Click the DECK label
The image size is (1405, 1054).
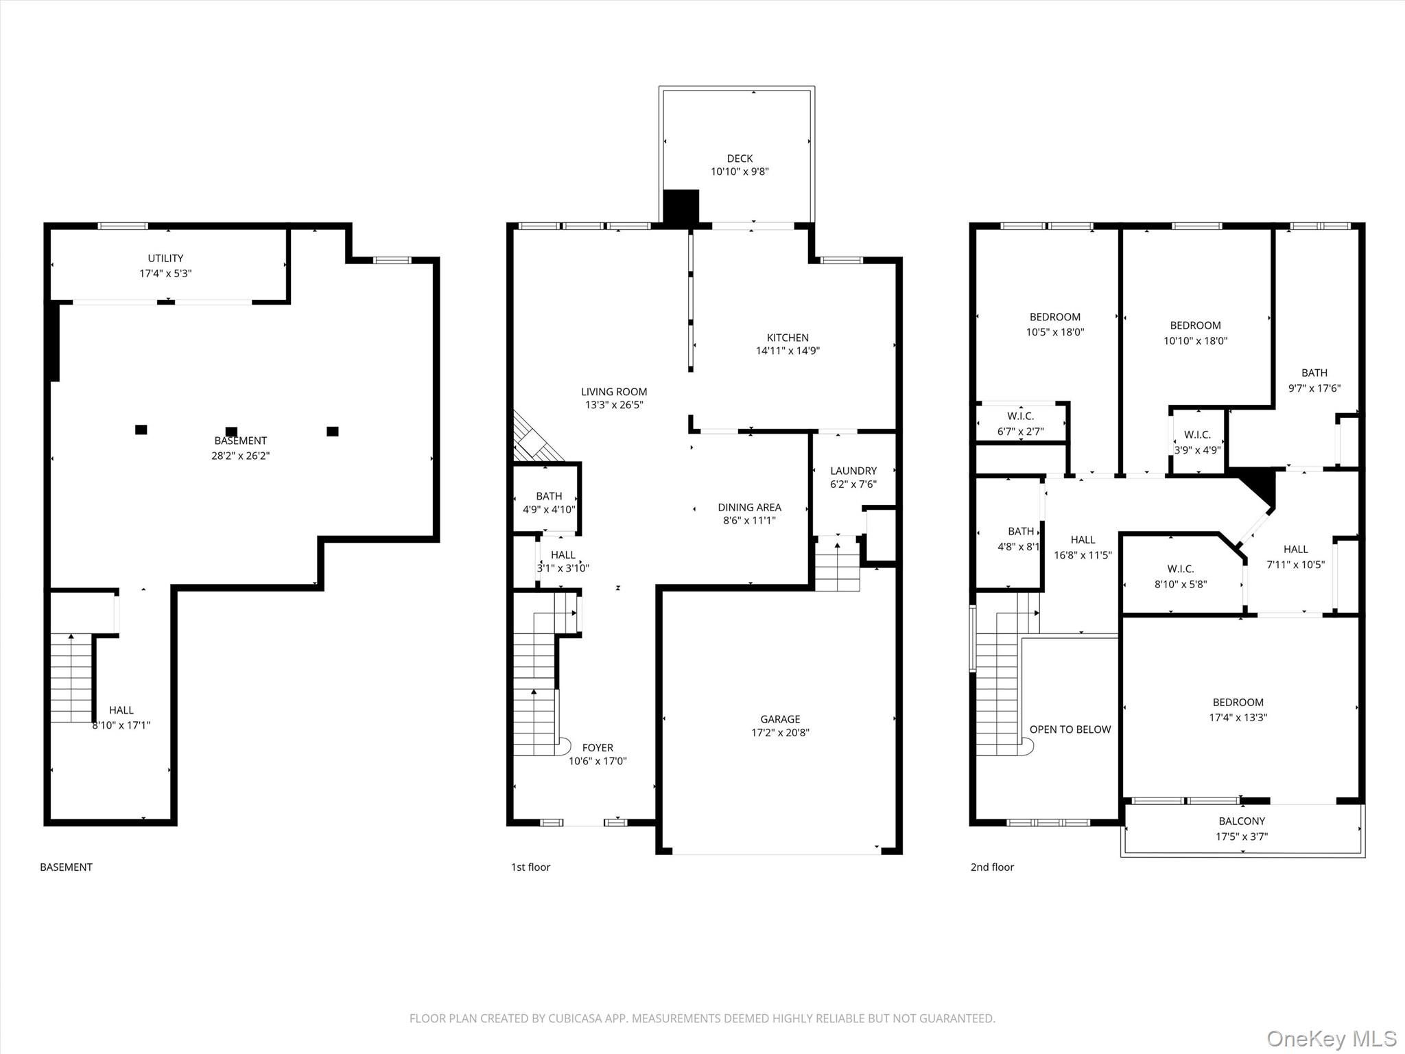740,159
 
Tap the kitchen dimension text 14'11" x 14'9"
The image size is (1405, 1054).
788,351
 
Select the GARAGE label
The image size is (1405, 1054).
780,719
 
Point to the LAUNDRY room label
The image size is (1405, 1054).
853,471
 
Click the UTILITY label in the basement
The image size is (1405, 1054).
165,258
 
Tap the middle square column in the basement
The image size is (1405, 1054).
231,432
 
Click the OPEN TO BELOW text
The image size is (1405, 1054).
1070,729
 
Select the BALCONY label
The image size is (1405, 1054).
1242,821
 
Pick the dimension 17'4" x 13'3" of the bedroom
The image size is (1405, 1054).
1238,718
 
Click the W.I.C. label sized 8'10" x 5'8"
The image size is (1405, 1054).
1180,569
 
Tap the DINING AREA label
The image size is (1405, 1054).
749,507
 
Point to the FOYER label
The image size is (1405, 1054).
598,747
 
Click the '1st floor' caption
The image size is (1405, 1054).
530,867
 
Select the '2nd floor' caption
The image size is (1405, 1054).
992,867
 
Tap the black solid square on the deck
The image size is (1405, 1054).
681,207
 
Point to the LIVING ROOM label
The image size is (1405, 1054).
614,392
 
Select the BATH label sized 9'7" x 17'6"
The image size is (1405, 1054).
1314,373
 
